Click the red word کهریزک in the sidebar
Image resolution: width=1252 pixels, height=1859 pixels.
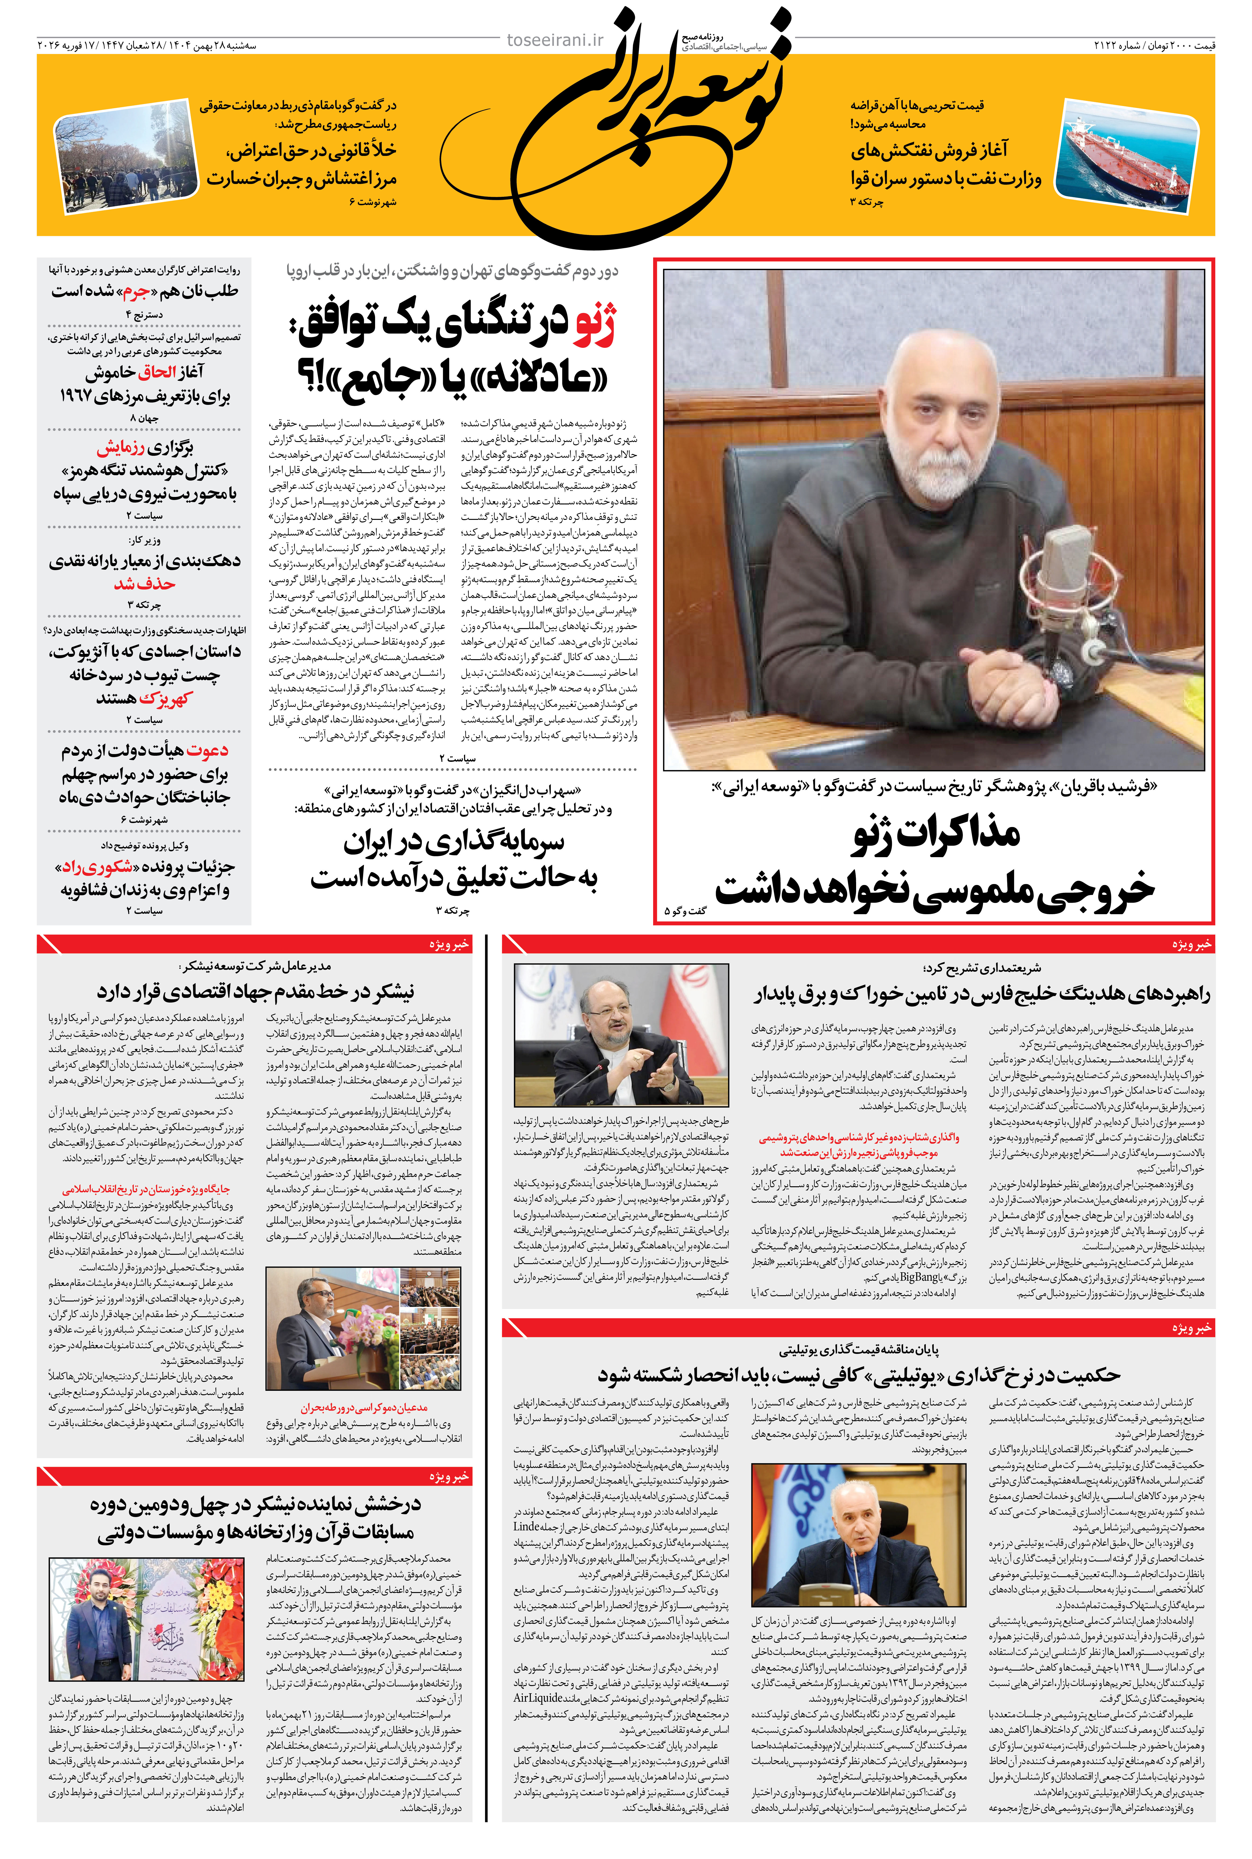click(165, 699)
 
